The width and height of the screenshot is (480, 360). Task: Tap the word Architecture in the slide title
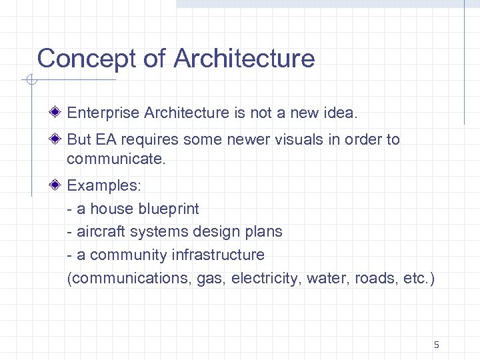pos(244,59)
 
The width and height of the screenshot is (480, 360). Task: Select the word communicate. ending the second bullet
pos(115,160)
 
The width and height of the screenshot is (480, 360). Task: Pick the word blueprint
pos(168,209)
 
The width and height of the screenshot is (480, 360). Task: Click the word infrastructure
pos(218,255)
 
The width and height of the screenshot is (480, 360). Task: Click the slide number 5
pos(436,345)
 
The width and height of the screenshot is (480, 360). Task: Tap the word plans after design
pos(264,232)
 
